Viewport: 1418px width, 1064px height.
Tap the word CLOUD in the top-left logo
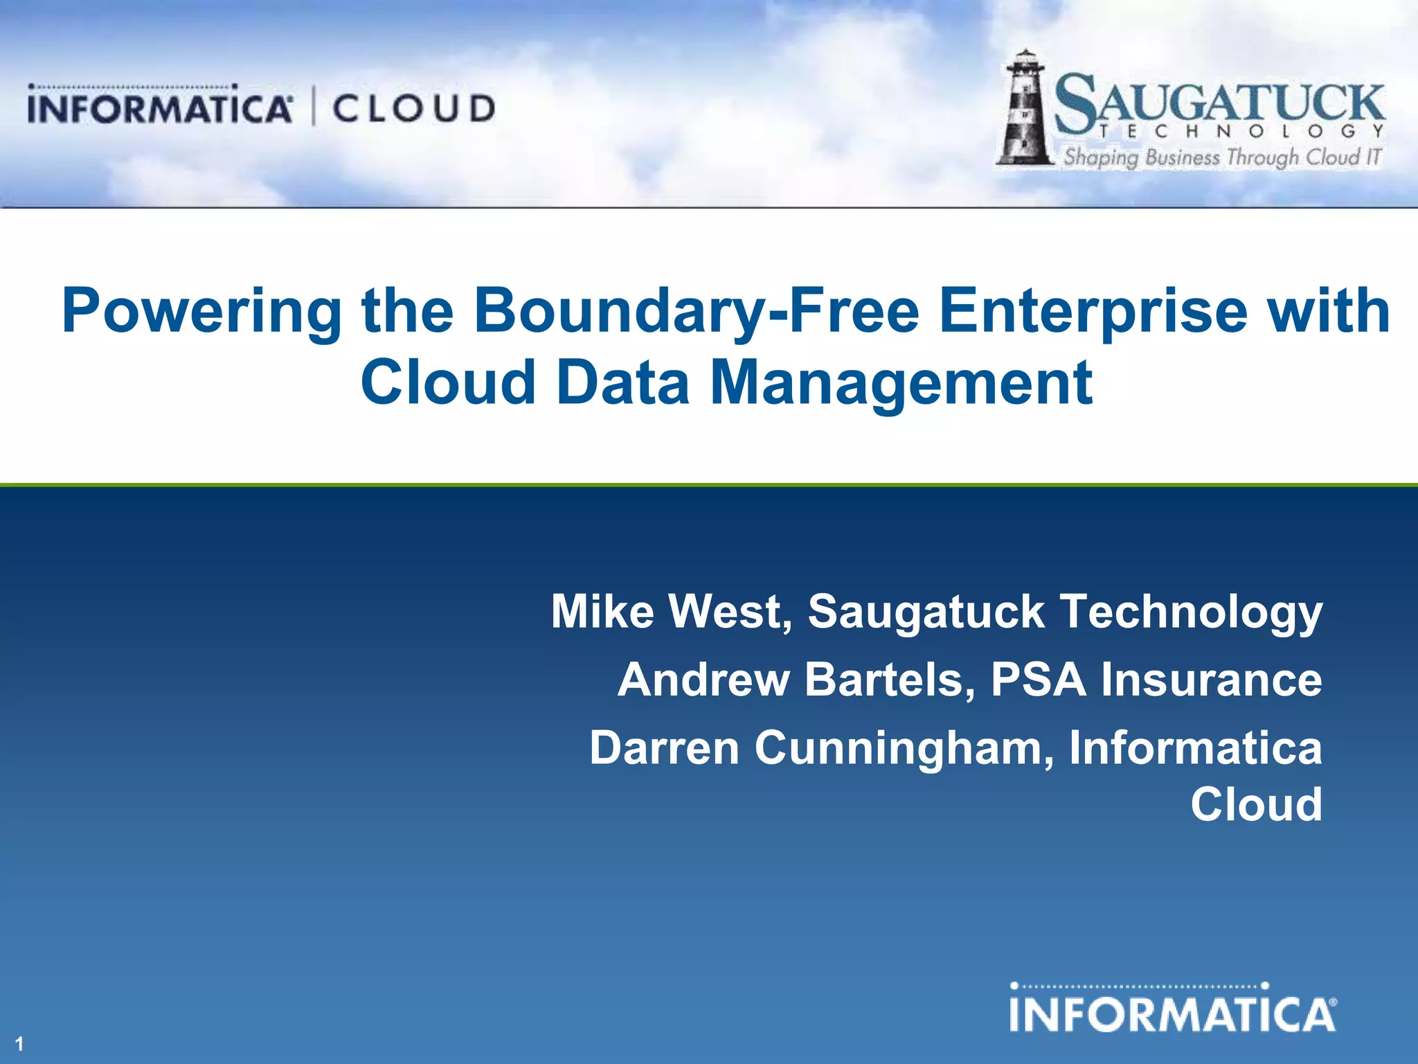[x=414, y=109]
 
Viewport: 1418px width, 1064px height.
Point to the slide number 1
[x=19, y=1044]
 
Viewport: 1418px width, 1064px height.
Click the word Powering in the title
[x=201, y=312]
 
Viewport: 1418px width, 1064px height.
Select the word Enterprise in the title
[x=1094, y=312]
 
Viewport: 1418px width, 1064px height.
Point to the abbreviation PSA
[x=1039, y=680]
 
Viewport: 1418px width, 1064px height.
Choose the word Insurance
[x=1212, y=680]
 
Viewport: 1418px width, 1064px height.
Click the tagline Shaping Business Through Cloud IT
[x=1223, y=157]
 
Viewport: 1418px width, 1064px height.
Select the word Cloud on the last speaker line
[x=1256, y=804]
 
